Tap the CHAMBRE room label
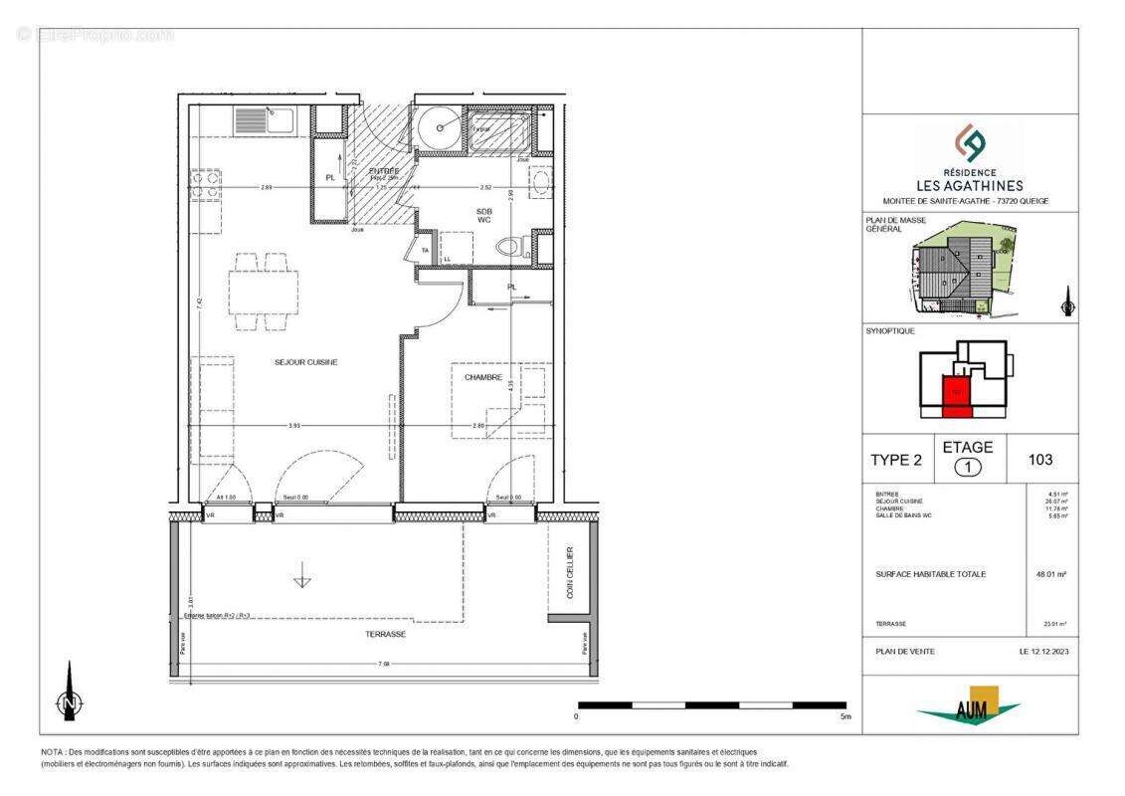point(481,377)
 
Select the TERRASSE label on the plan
point(385,633)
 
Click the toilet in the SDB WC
point(510,247)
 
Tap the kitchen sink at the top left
point(266,121)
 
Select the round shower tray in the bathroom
point(438,127)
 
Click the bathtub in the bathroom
point(501,130)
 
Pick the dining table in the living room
point(264,291)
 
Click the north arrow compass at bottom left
point(69,701)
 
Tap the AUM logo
point(969,706)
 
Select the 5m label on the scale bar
point(844,716)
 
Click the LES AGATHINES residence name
point(968,185)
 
